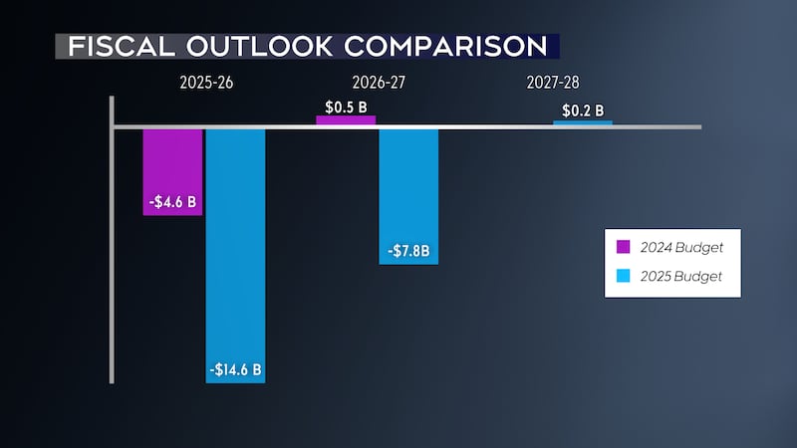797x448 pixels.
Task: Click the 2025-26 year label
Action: click(203, 80)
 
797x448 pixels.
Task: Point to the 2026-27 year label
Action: click(377, 80)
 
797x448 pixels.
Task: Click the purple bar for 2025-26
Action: click(172, 159)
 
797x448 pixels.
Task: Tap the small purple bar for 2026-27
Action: click(346, 120)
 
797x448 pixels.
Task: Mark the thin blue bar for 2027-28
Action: click(583, 123)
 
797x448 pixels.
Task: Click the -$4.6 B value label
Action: click(172, 203)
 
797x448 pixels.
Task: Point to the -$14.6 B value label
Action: click(235, 370)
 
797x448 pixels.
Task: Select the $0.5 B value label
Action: click(346, 106)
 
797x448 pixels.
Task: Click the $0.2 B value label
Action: click(583, 111)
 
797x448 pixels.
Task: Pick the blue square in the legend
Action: click(624, 276)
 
